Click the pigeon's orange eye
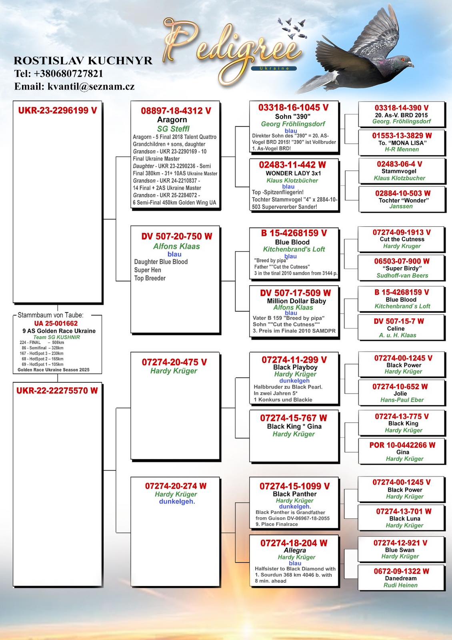pyautogui.click(x=403, y=60)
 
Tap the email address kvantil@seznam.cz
pyautogui.click(x=91, y=86)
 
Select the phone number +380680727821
pyautogui.click(x=68, y=74)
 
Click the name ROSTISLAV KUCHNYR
pyautogui.click(x=83, y=60)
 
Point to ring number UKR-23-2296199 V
pyautogui.click(x=58, y=110)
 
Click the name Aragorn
pyautogui.click(x=172, y=120)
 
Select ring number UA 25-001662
pyautogui.click(x=56, y=324)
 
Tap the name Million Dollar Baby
pyautogui.click(x=296, y=301)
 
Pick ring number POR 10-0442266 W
pyautogui.click(x=402, y=445)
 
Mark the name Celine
pyautogui.click(x=396, y=328)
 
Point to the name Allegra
pyautogui.click(x=295, y=550)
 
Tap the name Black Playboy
pyautogui.click(x=296, y=367)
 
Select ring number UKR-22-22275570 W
pyautogui.click(x=57, y=390)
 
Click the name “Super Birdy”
pyautogui.click(x=402, y=268)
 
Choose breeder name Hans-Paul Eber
pyautogui.click(x=402, y=400)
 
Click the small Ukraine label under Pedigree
pyautogui.click(x=274, y=68)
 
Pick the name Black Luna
pyautogui.click(x=405, y=518)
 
